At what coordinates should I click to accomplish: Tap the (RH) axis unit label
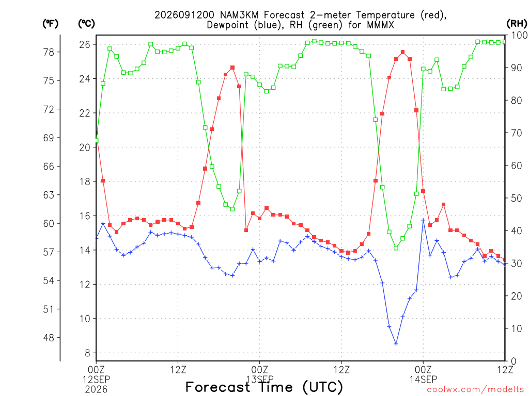[x=517, y=24]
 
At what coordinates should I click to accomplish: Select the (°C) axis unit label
[x=86, y=24]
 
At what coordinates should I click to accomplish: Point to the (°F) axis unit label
[x=50, y=24]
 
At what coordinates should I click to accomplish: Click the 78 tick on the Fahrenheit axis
[x=49, y=52]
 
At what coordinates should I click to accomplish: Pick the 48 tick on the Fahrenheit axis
[x=49, y=337]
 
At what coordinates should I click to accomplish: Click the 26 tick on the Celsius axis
[x=85, y=44]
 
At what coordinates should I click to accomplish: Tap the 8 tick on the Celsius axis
[x=87, y=353]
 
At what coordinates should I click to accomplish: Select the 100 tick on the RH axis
[x=519, y=35]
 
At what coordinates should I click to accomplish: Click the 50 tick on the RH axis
[x=517, y=198]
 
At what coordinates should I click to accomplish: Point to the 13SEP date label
[x=260, y=379]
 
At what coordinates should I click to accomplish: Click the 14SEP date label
[x=423, y=379]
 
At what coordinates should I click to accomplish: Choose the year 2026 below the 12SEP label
[x=96, y=389]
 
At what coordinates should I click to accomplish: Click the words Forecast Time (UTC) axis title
[x=264, y=387]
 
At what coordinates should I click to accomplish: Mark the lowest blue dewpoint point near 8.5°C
[x=396, y=344]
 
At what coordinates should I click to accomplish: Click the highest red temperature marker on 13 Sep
[x=403, y=52]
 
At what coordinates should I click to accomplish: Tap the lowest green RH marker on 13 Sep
[x=396, y=248]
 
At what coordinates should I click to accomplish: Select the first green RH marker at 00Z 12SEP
[x=96, y=140]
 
